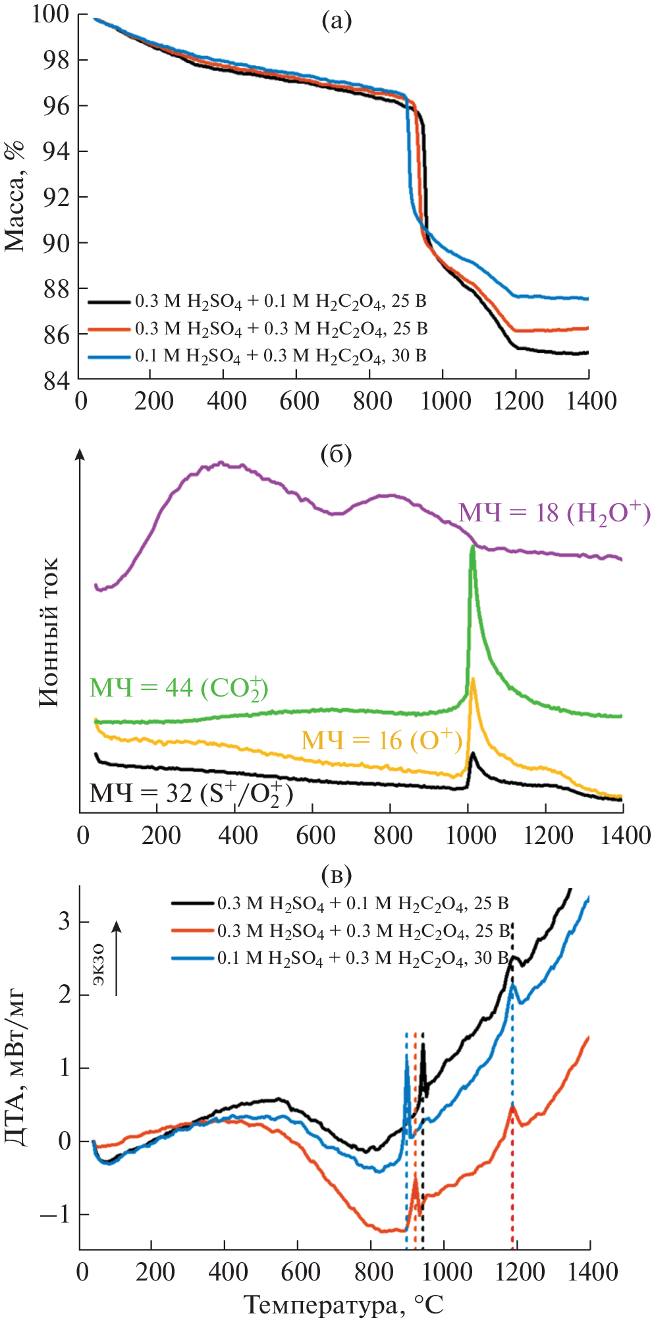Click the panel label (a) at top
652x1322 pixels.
[337, 22]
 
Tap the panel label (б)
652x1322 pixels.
[336, 454]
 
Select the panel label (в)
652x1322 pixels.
[336, 875]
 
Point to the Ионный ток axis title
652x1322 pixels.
[49, 632]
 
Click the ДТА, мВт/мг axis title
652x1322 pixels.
[15, 1067]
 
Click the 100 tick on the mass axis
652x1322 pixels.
[51, 14]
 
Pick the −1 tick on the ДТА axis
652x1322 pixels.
[55, 1214]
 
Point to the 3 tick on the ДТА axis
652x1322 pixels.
[64, 921]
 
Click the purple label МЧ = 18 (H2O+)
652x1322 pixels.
[554, 513]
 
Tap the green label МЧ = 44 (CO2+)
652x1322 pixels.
[178, 689]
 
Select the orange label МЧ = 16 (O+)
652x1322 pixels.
[381, 741]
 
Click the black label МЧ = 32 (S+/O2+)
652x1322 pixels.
[191, 794]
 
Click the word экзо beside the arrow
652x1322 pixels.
[98, 965]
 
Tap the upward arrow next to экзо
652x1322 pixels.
[117, 958]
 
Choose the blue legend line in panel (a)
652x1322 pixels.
[109, 357]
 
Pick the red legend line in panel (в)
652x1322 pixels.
[193, 930]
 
